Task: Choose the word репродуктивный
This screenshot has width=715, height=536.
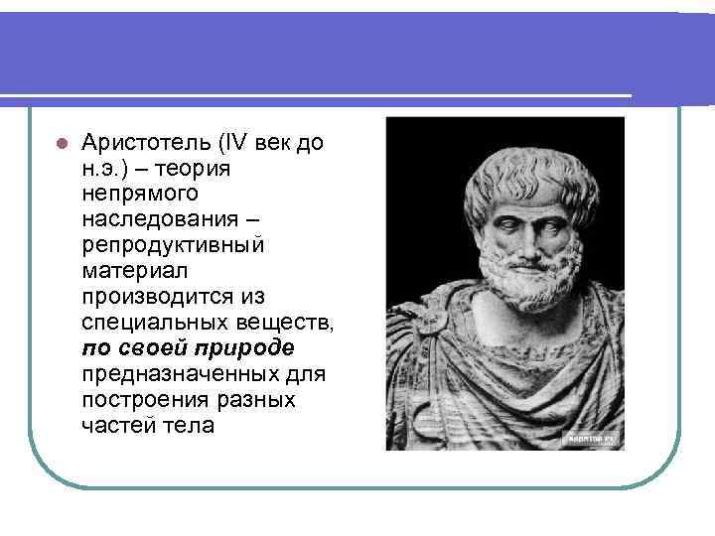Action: [173, 245]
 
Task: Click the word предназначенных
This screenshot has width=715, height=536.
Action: [186, 374]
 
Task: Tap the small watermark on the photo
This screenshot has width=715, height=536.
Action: [593, 436]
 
